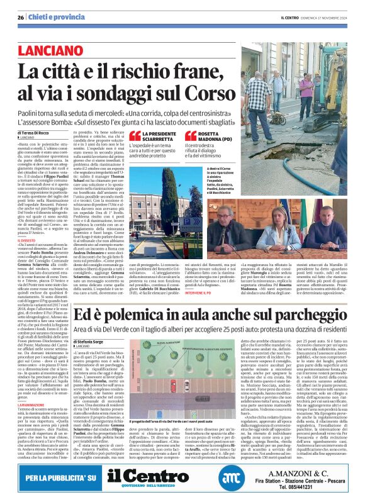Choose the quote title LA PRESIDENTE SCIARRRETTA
(x=164, y=138)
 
